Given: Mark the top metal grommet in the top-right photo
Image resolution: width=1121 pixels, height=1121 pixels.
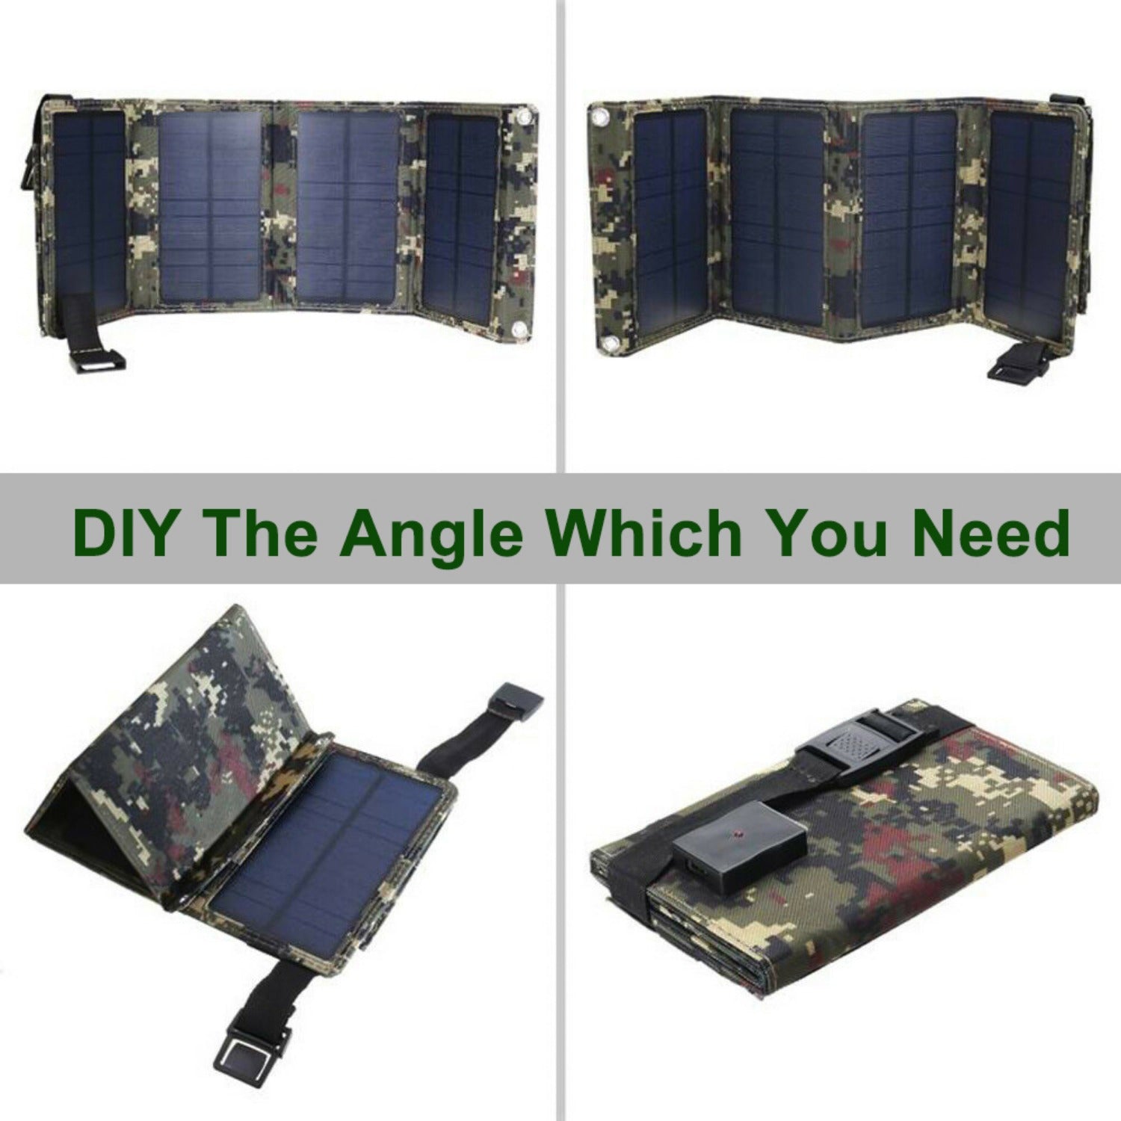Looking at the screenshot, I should click(599, 119).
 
